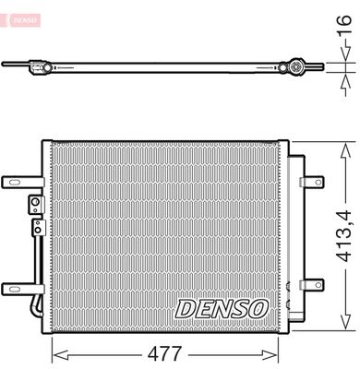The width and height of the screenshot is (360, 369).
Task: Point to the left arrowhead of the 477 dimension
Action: click(x=54, y=353)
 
